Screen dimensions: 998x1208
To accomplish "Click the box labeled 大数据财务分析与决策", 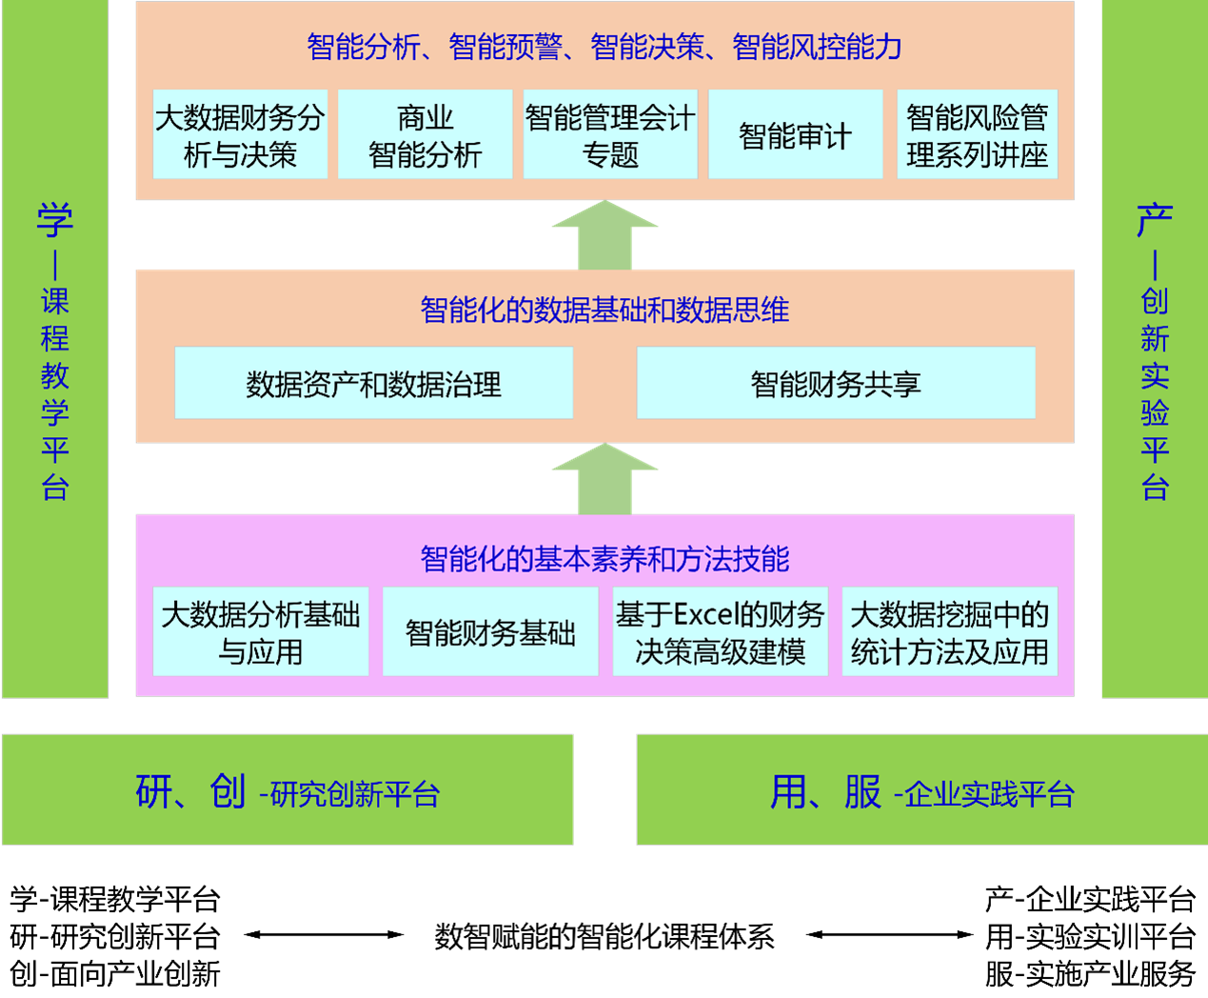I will [x=240, y=134].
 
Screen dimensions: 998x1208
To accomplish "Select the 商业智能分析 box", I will [x=425, y=134].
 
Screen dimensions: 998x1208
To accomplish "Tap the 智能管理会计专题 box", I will [x=610, y=134].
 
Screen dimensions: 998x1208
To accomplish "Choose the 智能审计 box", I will [x=795, y=134].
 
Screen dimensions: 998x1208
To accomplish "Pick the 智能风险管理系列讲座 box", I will [x=977, y=134].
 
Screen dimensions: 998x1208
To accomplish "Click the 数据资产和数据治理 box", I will [x=373, y=383].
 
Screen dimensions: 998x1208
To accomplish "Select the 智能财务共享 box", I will [x=836, y=383].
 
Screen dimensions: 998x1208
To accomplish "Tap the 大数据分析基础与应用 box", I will [x=261, y=632].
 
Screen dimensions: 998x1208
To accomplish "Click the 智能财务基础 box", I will [x=490, y=632].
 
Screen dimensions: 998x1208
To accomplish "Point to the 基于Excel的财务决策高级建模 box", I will [x=720, y=632].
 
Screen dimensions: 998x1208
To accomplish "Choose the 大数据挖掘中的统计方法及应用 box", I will [x=949, y=632].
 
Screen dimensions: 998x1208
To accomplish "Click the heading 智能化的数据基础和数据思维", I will [x=604, y=309].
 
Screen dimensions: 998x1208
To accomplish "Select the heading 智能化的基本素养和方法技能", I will [x=604, y=558].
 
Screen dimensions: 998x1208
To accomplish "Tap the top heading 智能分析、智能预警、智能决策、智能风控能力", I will [x=604, y=46].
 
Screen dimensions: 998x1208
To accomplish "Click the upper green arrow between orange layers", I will [x=604, y=236].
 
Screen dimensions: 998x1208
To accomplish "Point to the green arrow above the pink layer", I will [x=604, y=479].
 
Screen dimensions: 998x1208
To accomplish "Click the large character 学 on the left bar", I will [x=55, y=221].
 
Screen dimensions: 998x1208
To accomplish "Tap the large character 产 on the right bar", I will [x=1155, y=221].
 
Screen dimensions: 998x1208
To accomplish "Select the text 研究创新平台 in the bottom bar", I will [x=355, y=793].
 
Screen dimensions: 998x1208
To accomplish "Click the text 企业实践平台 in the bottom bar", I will [x=989, y=793].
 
